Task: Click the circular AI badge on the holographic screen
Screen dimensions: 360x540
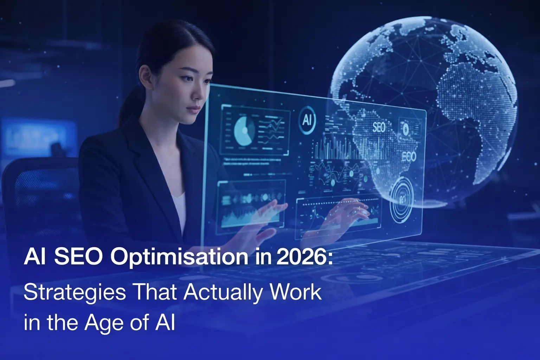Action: pos(307,120)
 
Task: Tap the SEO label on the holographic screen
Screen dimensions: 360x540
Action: pos(379,127)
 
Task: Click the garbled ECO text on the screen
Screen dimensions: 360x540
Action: pos(409,157)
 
